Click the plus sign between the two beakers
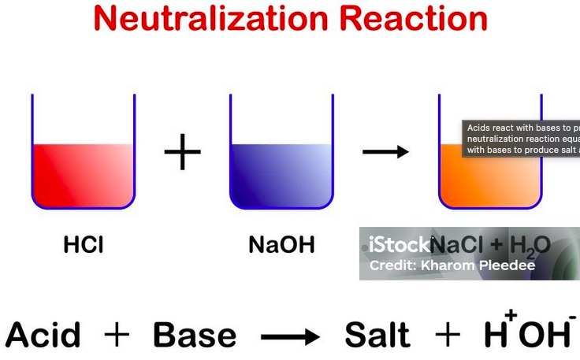tap(182, 151)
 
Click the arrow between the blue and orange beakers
tap(385, 151)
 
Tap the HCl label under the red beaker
tap(83, 245)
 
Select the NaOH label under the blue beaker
tap(281, 245)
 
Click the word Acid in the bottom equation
tap(43, 336)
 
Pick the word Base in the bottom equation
tap(195, 336)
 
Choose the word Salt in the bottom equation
tap(377, 336)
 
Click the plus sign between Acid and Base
tap(117, 336)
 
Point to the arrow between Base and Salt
tap(289, 337)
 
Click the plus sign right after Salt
tap(448, 336)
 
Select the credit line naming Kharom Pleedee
tap(452, 265)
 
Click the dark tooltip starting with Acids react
tap(521, 139)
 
